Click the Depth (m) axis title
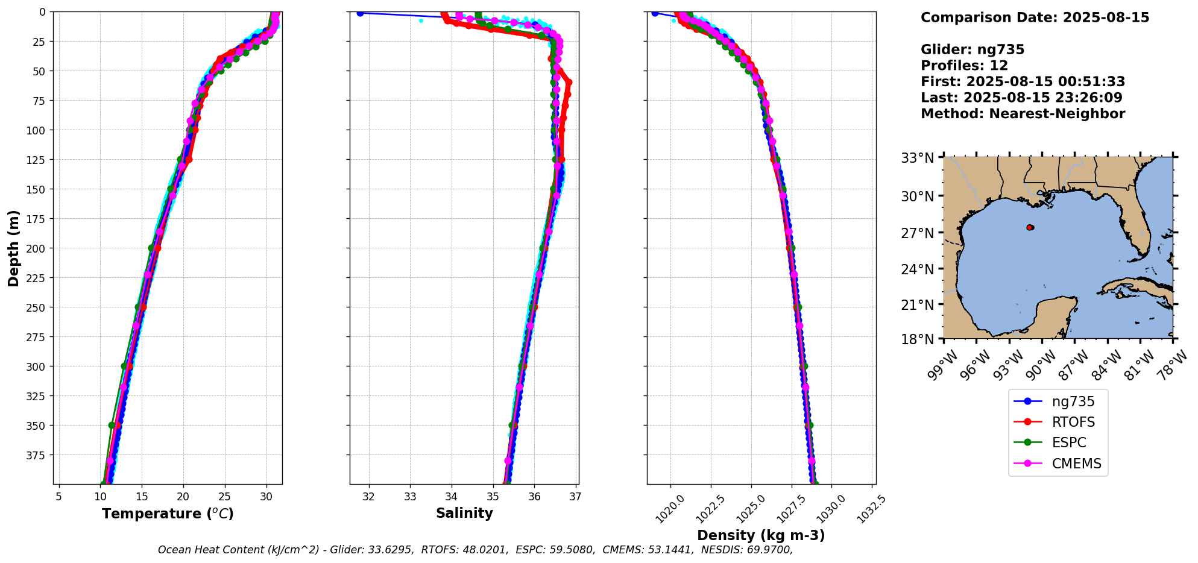click(13, 248)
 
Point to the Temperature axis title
click(168, 514)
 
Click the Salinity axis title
click(464, 513)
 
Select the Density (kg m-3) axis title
click(761, 535)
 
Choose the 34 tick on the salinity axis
click(452, 497)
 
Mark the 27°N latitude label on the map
click(917, 233)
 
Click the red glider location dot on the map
click(1029, 227)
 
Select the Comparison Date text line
click(1035, 17)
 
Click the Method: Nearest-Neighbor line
click(1023, 114)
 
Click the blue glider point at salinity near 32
click(360, 13)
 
